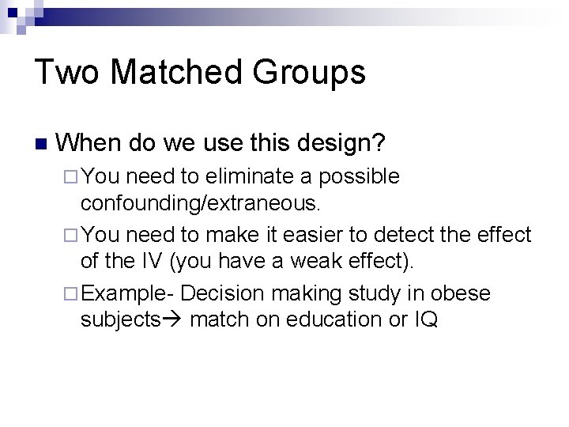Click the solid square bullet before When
(x=40, y=145)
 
